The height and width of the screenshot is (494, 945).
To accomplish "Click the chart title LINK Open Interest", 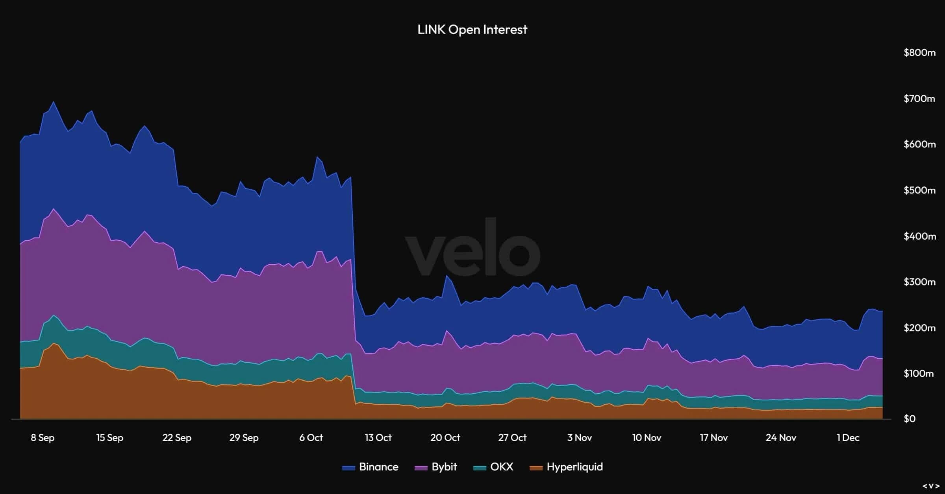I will (x=472, y=29).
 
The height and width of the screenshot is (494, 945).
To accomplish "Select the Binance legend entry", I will (x=371, y=467).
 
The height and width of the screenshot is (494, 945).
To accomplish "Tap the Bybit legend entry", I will (x=436, y=467).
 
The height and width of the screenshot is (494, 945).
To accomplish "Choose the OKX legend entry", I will (x=494, y=467).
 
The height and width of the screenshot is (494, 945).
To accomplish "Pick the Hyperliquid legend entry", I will (x=567, y=467).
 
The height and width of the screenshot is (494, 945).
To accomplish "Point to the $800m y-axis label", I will (x=919, y=52).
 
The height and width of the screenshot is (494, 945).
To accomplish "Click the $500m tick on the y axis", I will (x=919, y=190).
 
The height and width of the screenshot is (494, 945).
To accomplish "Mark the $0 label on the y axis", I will (x=909, y=419).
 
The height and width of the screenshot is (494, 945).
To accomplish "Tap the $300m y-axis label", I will (x=919, y=282).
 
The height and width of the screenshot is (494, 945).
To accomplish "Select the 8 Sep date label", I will (x=43, y=437).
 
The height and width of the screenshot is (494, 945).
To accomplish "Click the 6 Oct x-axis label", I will (x=311, y=437).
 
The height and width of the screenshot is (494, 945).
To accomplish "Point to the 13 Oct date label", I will (x=378, y=437).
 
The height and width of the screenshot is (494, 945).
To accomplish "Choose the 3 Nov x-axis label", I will (x=579, y=437).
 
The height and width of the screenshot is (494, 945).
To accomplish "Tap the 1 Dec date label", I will (x=848, y=437).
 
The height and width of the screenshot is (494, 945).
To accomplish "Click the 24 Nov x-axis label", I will (x=781, y=437).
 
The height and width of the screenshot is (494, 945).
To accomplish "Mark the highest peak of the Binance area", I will (x=54, y=102).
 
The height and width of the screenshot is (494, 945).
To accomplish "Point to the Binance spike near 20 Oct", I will (x=447, y=276).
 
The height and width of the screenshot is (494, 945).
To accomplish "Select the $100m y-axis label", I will (x=919, y=373).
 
